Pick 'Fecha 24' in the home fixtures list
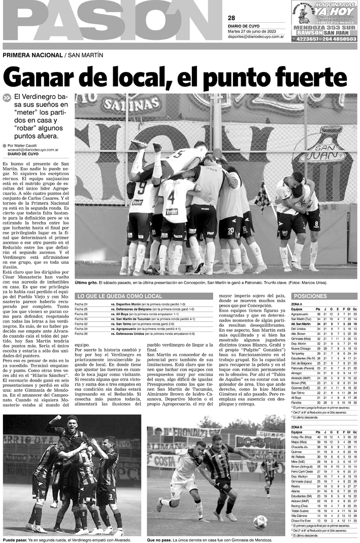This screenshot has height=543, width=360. point(81,304)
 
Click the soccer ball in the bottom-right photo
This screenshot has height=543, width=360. point(260,522)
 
